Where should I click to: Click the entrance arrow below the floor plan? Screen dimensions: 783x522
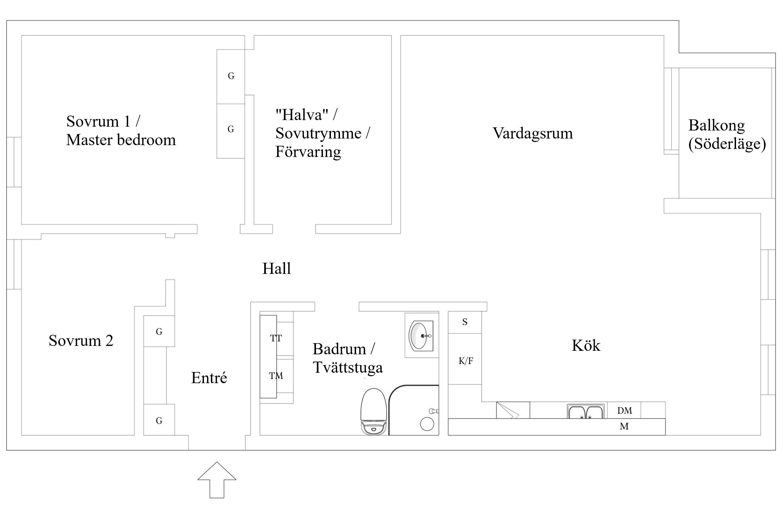217,480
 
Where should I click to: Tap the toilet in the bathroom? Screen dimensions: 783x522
374,412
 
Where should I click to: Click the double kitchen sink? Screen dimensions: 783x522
586,411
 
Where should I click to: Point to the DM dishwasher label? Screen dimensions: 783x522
625,411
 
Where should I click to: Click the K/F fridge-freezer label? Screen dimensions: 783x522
466,361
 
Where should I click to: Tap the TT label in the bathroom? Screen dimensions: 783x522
276,338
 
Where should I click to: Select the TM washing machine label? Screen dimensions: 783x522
276,376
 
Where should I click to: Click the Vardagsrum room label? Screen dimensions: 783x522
533,134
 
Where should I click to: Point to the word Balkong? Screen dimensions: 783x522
717,126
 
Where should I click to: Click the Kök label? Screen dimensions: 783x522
586,346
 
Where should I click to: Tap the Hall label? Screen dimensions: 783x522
277,268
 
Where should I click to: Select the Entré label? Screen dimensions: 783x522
209,378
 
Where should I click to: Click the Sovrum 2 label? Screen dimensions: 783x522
81,340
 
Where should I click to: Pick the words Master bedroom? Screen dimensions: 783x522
121,140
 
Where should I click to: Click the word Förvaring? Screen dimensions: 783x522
308,152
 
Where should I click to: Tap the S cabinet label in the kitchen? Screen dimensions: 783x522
465,322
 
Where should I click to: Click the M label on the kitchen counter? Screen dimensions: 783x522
624,426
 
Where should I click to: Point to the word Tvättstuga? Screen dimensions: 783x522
348,368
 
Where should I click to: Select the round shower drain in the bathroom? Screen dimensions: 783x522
427,424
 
